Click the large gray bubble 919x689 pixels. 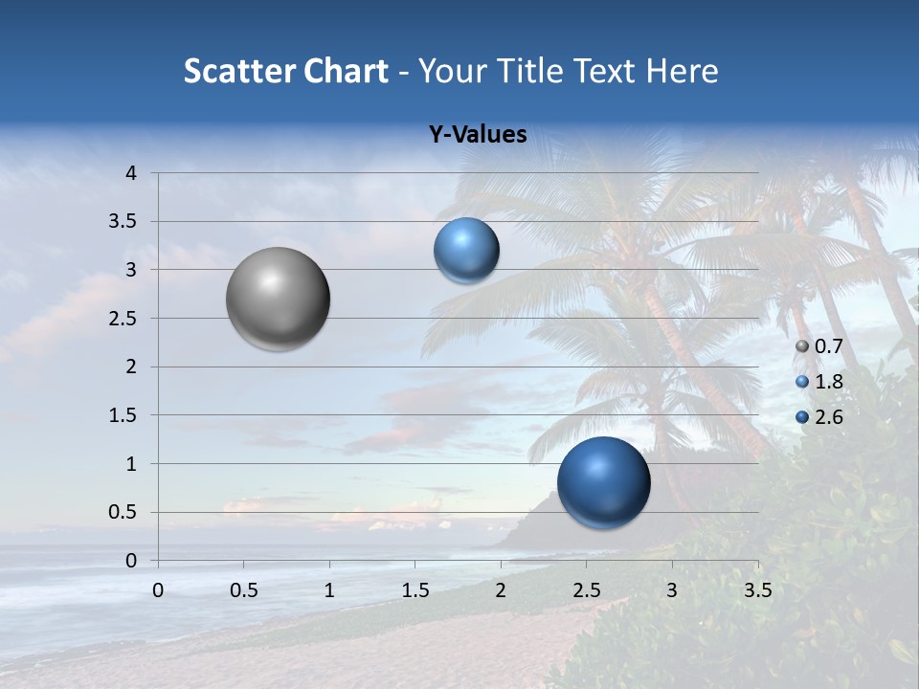point(278,299)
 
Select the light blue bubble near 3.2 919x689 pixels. point(466,251)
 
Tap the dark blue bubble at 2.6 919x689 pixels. point(603,482)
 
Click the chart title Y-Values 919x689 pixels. point(477,135)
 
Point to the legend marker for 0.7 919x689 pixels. point(802,347)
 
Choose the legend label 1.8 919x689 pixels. point(828,382)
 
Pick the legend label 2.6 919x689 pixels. point(828,416)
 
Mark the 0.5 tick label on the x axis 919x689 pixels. point(244,590)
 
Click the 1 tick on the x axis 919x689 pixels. point(329,590)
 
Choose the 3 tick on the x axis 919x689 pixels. point(672,590)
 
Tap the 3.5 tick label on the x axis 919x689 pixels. point(757,590)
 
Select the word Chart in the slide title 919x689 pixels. point(346,71)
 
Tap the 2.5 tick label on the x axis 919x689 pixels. point(586,590)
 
